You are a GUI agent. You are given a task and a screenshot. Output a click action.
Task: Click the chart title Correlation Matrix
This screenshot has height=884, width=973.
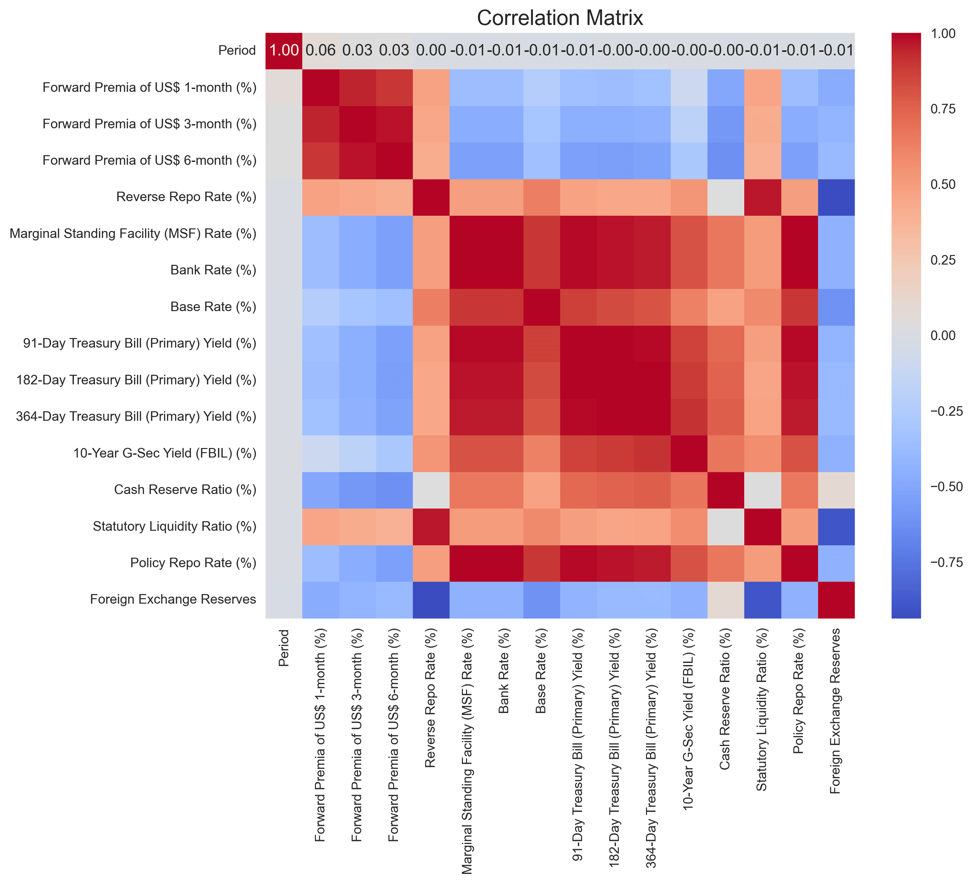pos(560,18)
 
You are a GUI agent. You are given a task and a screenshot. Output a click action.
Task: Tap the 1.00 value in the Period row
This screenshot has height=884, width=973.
pos(284,51)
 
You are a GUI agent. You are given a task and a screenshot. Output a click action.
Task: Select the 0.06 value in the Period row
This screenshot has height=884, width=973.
pos(320,51)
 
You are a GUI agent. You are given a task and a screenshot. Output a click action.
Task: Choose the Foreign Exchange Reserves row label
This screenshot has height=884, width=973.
pos(173,599)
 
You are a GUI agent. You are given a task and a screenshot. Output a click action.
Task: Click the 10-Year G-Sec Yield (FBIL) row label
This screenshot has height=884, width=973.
pos(164,453)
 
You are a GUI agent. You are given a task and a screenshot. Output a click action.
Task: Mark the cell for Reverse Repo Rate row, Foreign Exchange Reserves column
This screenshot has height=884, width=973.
pos(836,198)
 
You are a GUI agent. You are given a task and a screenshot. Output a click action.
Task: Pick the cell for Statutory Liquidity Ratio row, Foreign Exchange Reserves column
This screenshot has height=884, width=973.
pos(836,526)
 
